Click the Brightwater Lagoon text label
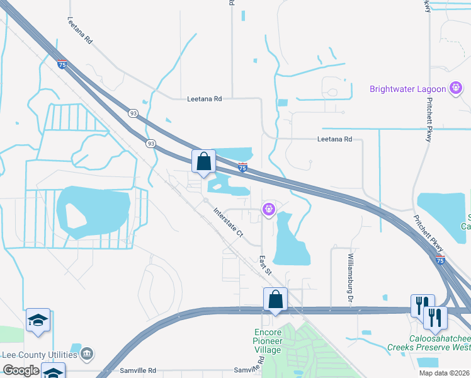(x=407, y=89)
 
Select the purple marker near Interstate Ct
(x=269, y=208)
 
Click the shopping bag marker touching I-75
(x=204, y=162)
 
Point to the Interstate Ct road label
(x=228, y=222)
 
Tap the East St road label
(x=265, y=265)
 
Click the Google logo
(x=20, y=371)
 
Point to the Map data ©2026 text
(x=444, y=373)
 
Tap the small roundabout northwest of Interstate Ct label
(x=206, y=201)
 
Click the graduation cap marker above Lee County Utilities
(x=38, y=321)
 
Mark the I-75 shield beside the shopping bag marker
(x=242, y=167)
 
